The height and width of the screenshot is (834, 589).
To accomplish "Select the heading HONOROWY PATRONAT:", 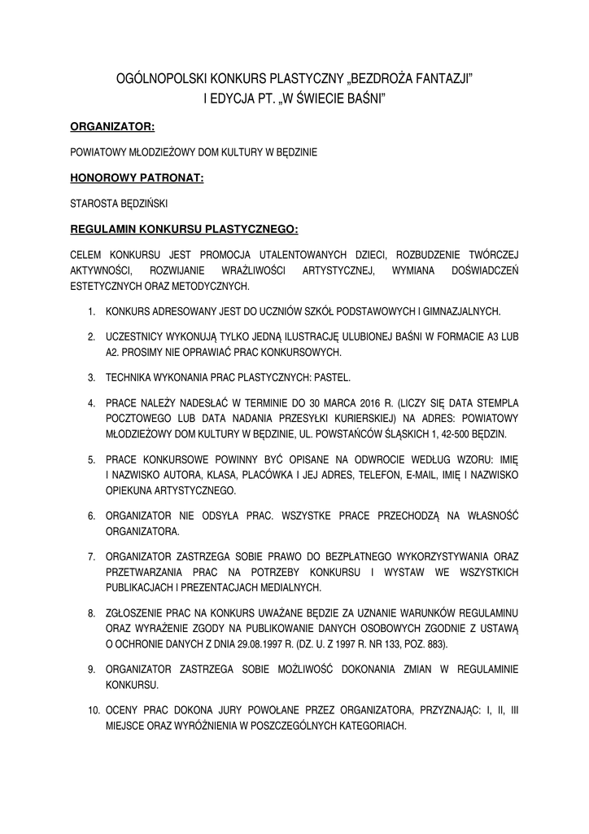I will pos(136,177).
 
